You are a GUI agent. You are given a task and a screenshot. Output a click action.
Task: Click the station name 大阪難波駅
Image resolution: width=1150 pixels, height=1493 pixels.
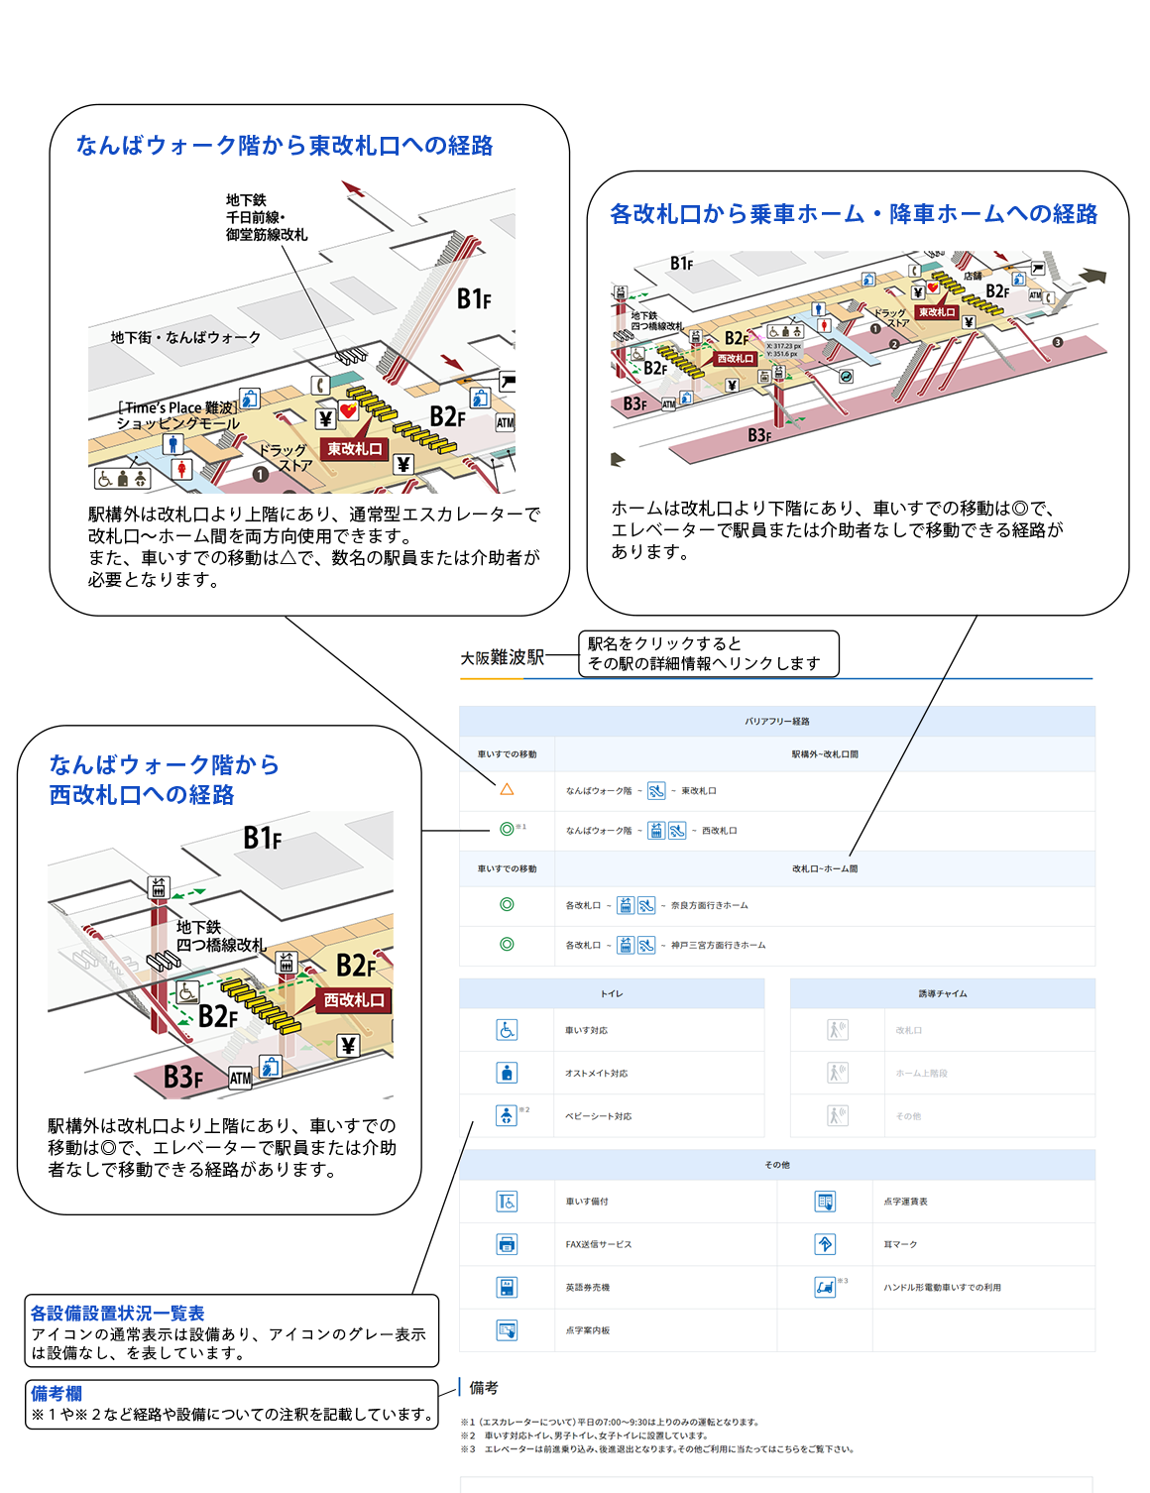tap(502, 657)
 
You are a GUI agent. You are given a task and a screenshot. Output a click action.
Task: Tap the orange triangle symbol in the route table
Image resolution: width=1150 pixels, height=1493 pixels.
tap(507, 790)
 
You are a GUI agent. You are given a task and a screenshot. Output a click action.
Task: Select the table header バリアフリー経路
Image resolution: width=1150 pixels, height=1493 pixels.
tap(777, 721)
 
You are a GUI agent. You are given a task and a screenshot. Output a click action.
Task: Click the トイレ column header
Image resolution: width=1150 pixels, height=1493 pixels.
tap(612, 993)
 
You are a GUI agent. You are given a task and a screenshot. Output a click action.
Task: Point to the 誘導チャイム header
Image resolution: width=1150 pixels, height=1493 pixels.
tap(942, 993)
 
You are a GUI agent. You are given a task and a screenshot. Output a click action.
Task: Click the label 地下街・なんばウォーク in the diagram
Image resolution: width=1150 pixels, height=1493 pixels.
tap(185, 338)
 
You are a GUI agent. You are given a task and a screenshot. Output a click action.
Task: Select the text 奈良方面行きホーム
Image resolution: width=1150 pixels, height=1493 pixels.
tap(709, 905)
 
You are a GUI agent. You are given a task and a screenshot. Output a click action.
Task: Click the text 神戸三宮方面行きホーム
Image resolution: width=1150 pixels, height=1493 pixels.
tap(718, 945)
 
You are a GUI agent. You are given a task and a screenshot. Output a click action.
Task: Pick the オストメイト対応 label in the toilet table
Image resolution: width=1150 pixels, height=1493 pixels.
tap(596, 1074)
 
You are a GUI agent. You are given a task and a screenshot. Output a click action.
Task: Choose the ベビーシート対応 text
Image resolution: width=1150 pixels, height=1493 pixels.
tap(598, 1116)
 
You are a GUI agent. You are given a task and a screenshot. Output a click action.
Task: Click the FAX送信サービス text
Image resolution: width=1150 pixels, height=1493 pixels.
tap(598, 1244)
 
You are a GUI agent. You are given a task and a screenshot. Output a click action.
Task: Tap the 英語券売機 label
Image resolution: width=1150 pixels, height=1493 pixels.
tap(587, 1288)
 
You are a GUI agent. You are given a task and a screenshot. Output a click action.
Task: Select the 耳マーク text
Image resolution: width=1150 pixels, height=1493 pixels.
tap(900, 1244)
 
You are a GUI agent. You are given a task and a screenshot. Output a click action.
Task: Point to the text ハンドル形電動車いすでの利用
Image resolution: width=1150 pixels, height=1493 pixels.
tap(942, 1288)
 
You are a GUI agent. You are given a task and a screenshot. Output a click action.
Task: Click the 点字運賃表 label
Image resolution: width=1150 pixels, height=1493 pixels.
tap(905, 1202)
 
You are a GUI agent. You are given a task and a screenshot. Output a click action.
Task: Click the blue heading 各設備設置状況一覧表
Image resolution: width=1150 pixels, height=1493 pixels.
tap(117, 1313)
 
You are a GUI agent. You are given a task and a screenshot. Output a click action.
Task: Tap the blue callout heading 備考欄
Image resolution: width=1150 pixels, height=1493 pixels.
tap(57, 1393)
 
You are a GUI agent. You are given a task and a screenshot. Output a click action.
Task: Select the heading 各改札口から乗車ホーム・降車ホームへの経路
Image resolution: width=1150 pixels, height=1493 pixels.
tap(854, 214)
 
